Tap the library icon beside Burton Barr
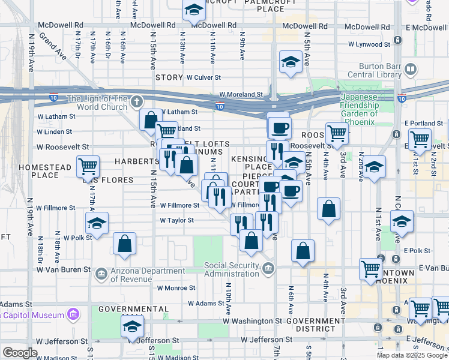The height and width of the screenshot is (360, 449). click(x=411, y=70)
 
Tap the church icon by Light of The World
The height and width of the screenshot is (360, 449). click(x=137, y=101)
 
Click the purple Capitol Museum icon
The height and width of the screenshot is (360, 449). click(x=74, y=314)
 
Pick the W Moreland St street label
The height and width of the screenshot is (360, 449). click(x=241, y=94)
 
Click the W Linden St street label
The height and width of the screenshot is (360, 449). click(x=54, y=131)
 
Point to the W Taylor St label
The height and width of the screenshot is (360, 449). click(x=176, y=220)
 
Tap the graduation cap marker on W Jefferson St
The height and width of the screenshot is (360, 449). click(x=131, y=326)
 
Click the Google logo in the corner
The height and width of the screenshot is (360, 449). click(x=20, y=353)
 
